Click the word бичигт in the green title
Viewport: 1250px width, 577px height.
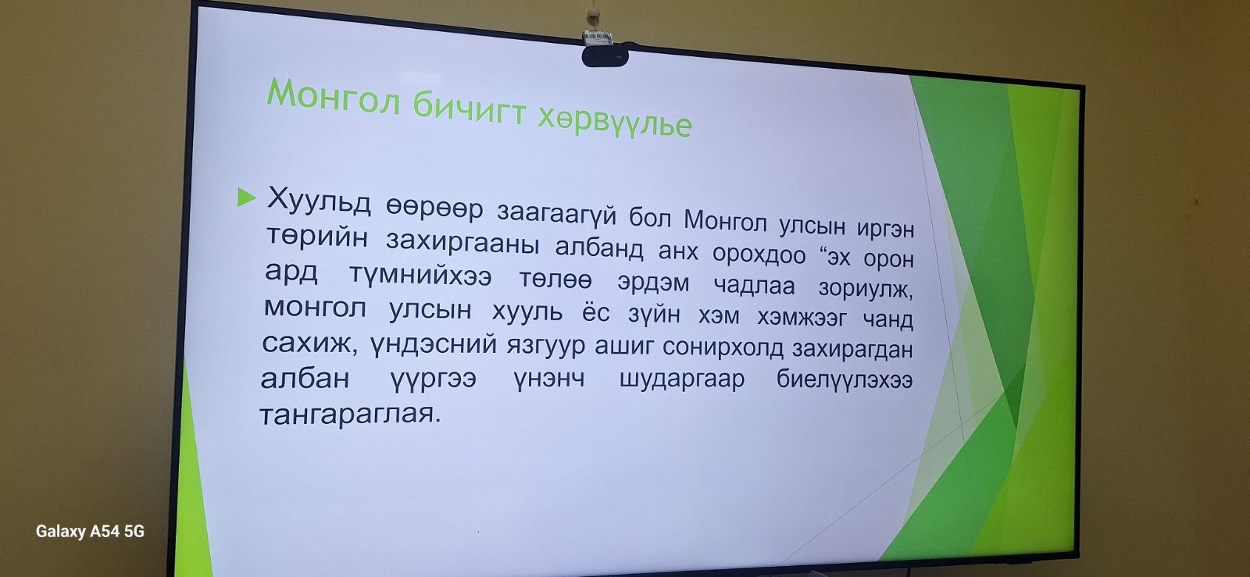(x=470, y=109)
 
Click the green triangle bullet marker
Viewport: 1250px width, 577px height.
(x=246, y=198)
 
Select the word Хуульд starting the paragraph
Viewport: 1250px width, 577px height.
(x=319, y=201)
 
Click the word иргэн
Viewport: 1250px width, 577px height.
(x=886, y=229)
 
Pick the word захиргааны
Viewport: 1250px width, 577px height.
(x=462, y=244)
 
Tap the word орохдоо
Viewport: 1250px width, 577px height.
(x=759, y=255)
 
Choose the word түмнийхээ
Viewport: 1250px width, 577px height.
(x=420, y=275)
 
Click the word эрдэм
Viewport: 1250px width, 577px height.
(x=653, y=283)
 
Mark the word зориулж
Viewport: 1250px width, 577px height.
(x=866, y=289)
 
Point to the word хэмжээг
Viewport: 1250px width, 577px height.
(x=802, y=319)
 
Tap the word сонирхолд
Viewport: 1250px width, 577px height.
(x=723, y=348)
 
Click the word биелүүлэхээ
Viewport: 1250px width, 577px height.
(x=845, y=380)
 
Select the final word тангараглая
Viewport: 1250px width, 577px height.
(x=350, y=415)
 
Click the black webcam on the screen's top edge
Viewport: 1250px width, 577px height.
(x=605, y=56)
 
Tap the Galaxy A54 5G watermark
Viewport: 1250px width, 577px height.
(x=90, y=531)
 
